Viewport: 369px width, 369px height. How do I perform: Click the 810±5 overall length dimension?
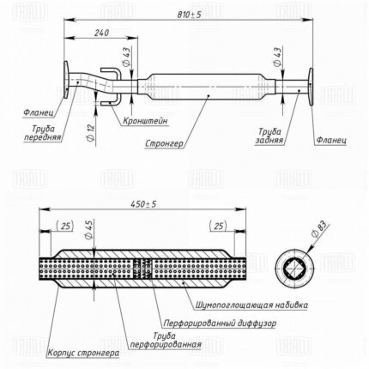(x=189, y=15)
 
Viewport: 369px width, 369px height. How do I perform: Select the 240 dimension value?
(x=101, y=33)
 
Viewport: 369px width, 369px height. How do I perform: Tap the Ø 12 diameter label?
(x=90, y=132)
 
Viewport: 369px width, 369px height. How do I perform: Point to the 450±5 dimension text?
(x=143, y=204)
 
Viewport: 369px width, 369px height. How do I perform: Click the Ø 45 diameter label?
(x=89, y=230)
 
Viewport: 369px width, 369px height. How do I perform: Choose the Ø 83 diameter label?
(x=318, y=229)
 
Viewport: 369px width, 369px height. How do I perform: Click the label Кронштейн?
(x=145, y=121)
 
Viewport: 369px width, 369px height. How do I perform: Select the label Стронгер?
(x=164, y=143)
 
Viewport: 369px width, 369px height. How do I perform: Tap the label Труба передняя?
(x=43, y=133)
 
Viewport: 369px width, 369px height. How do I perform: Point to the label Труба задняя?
(x=269, y=136)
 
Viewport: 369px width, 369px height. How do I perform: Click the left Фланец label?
(x=39, y=112)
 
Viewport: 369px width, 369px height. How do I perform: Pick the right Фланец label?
(x=331, y=140)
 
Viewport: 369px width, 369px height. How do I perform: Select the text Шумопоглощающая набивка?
(x=252, y=305)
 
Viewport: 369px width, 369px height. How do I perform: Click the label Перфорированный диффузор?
(x=220, y=324)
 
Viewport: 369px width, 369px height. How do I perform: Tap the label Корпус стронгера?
(x=83, y=353)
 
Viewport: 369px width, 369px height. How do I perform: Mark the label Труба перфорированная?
(x=166, y=340)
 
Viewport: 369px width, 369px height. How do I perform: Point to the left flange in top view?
(x=66, y=79)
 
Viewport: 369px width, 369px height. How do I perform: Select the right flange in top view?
(x=311, y=87)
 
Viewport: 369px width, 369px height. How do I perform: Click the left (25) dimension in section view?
(x=65, y=226)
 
